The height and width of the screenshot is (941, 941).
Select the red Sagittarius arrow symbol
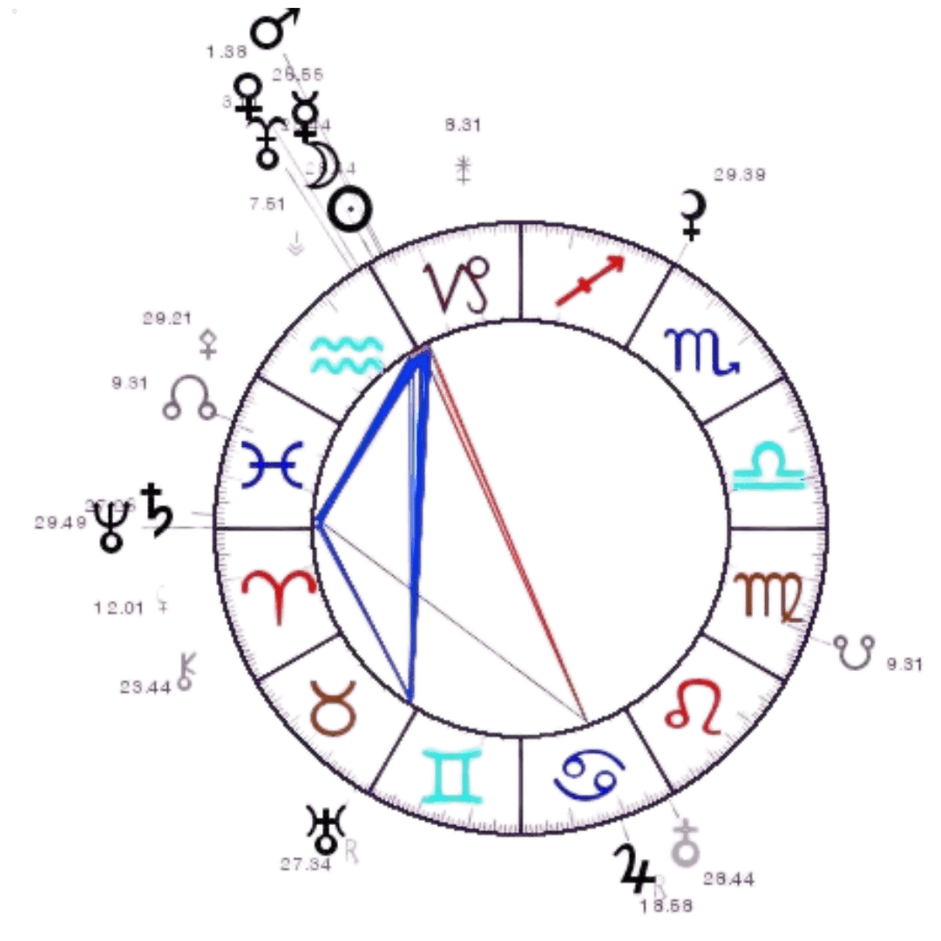590,281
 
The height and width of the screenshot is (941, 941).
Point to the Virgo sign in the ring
767,595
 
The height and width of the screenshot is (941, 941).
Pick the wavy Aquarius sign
346,354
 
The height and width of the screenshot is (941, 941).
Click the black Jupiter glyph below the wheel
634,867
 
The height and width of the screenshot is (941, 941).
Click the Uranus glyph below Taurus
328,829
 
